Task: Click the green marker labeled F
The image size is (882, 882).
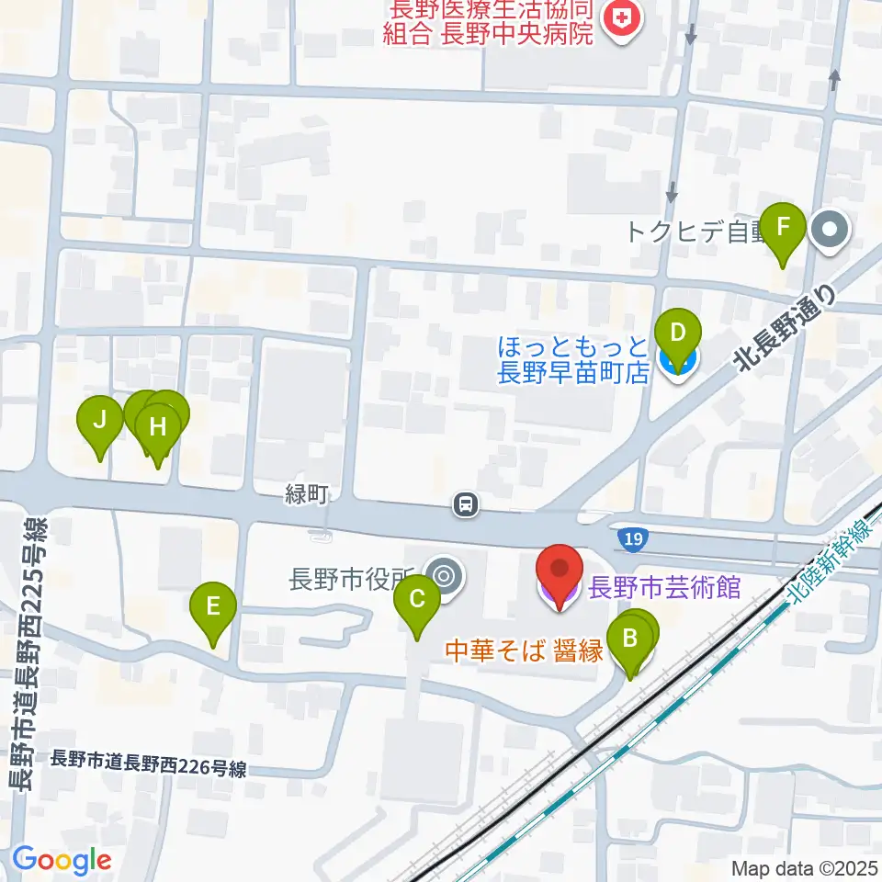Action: click(x=783, y=228)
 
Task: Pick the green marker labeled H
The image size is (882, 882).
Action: click(x=158, y=428)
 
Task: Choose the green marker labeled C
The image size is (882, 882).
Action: click(x=416, y=602)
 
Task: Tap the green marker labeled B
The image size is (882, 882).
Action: click(x=630, y=639)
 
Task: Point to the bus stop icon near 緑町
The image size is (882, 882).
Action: click(x=467, y=503)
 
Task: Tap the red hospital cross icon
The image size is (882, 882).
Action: click(x=621, y=22)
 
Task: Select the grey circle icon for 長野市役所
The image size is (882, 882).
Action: click(x=446, y=577)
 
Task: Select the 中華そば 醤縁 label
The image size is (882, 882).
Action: click(x=524, y=652)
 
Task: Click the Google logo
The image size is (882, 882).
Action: click(x=62, y=860)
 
